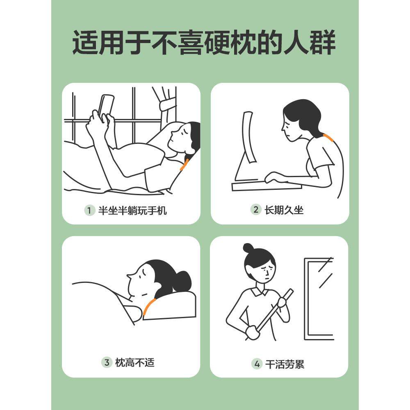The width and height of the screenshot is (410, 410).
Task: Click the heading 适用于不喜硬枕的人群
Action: point(204,42)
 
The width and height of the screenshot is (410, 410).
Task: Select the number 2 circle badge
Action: point(256,210)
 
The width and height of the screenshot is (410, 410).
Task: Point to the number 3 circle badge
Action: point(107,362)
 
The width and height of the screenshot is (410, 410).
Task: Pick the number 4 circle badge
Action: point(257,364)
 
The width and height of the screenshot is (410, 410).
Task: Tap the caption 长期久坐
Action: point(284,210)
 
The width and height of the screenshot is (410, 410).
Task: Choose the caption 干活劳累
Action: point(285,364)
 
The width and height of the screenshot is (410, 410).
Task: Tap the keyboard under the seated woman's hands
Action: point(266,186)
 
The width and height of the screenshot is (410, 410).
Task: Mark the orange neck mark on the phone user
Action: point(184,164)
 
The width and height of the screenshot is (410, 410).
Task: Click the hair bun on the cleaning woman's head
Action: point(248,248)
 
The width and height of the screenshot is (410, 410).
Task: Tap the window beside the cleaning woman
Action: point(319,298)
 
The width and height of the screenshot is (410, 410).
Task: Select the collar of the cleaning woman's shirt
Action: point(260,293)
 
